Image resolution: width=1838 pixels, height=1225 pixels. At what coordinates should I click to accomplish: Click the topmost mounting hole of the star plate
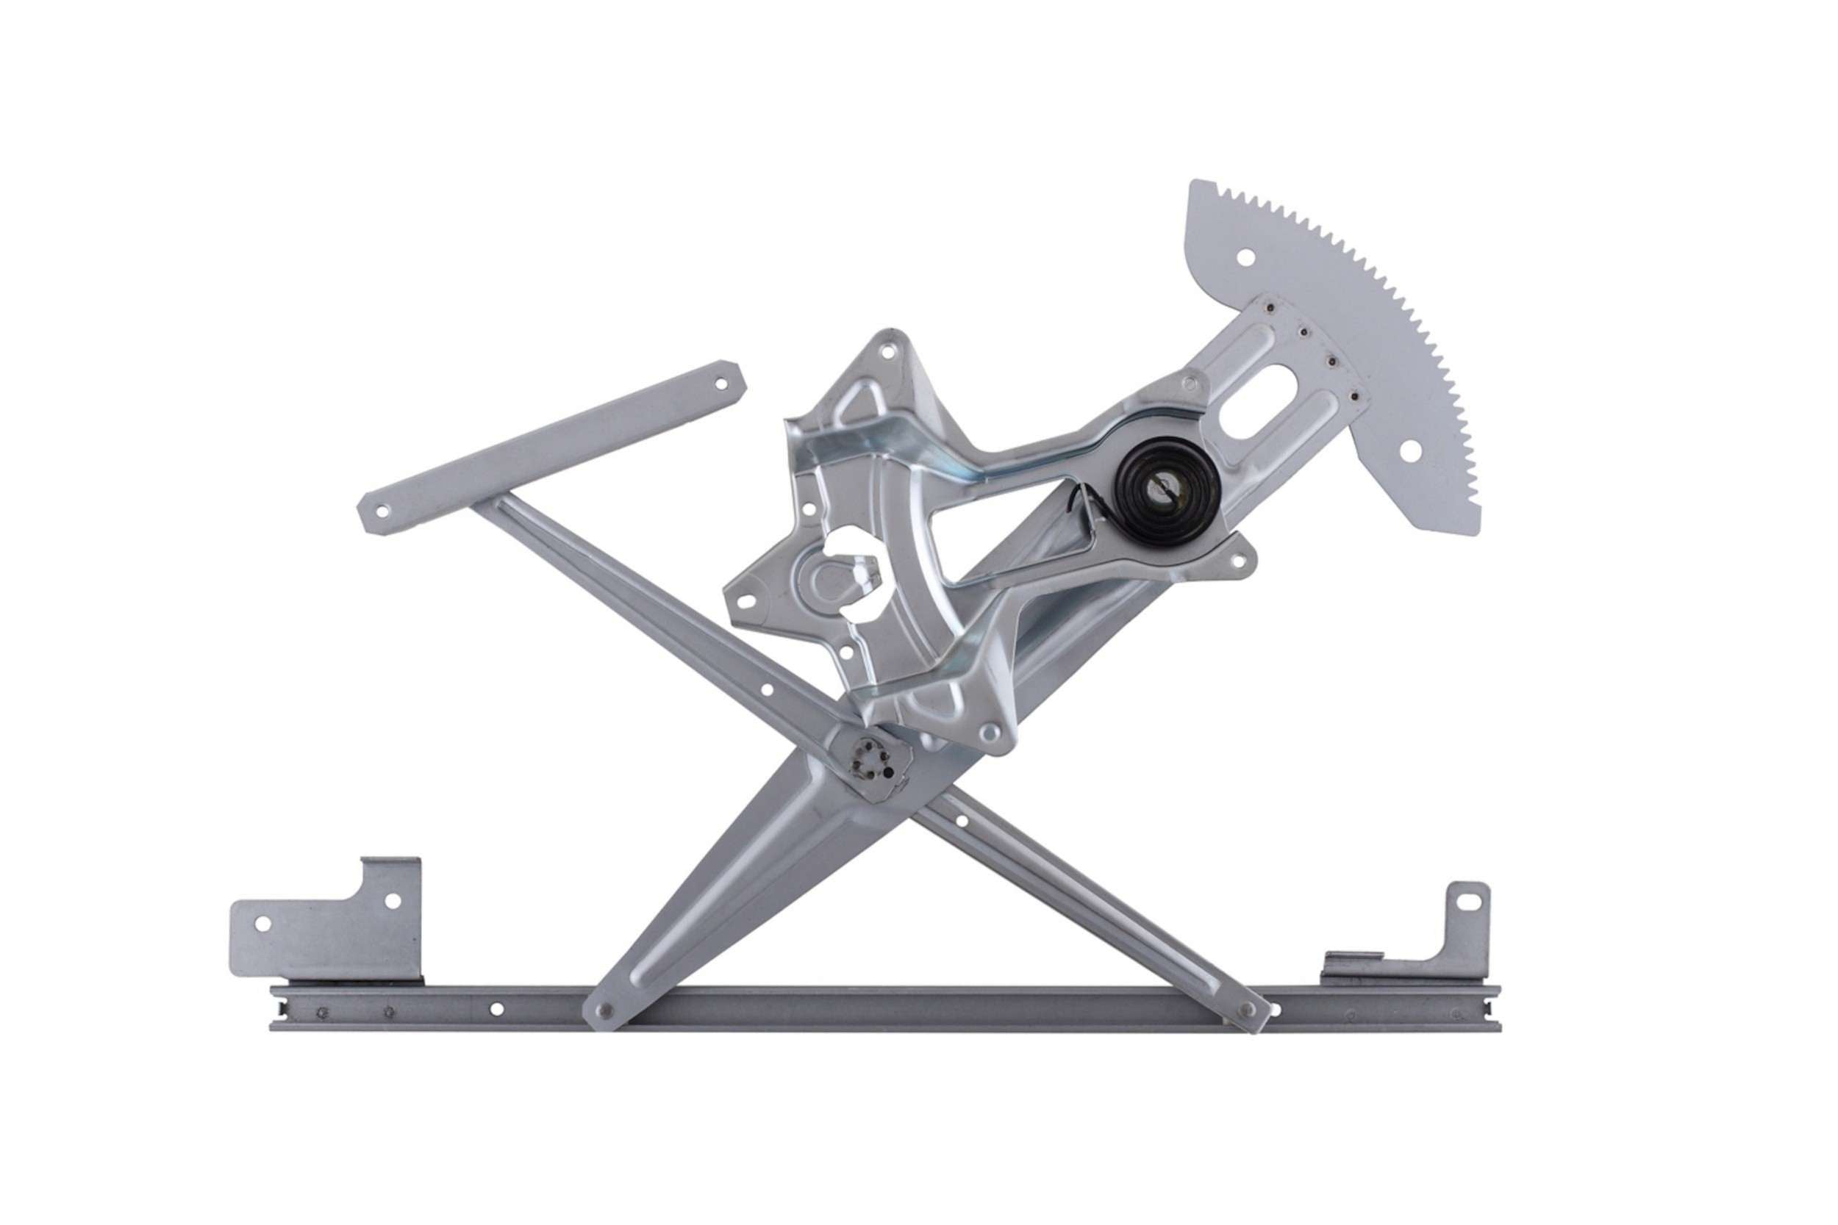pyautogui.click(x=887, y=352)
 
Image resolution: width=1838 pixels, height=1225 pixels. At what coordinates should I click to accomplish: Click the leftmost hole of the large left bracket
pyautogui.click(x=262, y=924)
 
